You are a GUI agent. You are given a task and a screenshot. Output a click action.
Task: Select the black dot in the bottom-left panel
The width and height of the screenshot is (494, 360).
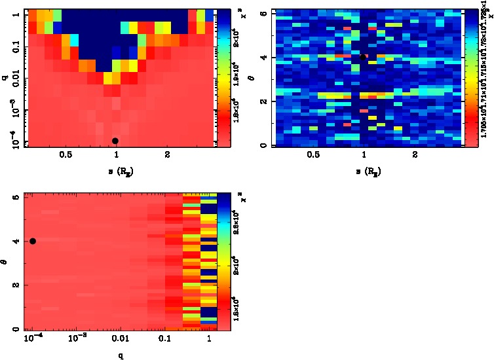tap(33, 241)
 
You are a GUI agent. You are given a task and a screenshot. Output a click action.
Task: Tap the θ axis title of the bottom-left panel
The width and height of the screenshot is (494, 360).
tap(5, 261)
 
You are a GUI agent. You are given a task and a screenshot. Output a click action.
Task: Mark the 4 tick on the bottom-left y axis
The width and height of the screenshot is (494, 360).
tap(16, 241)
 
